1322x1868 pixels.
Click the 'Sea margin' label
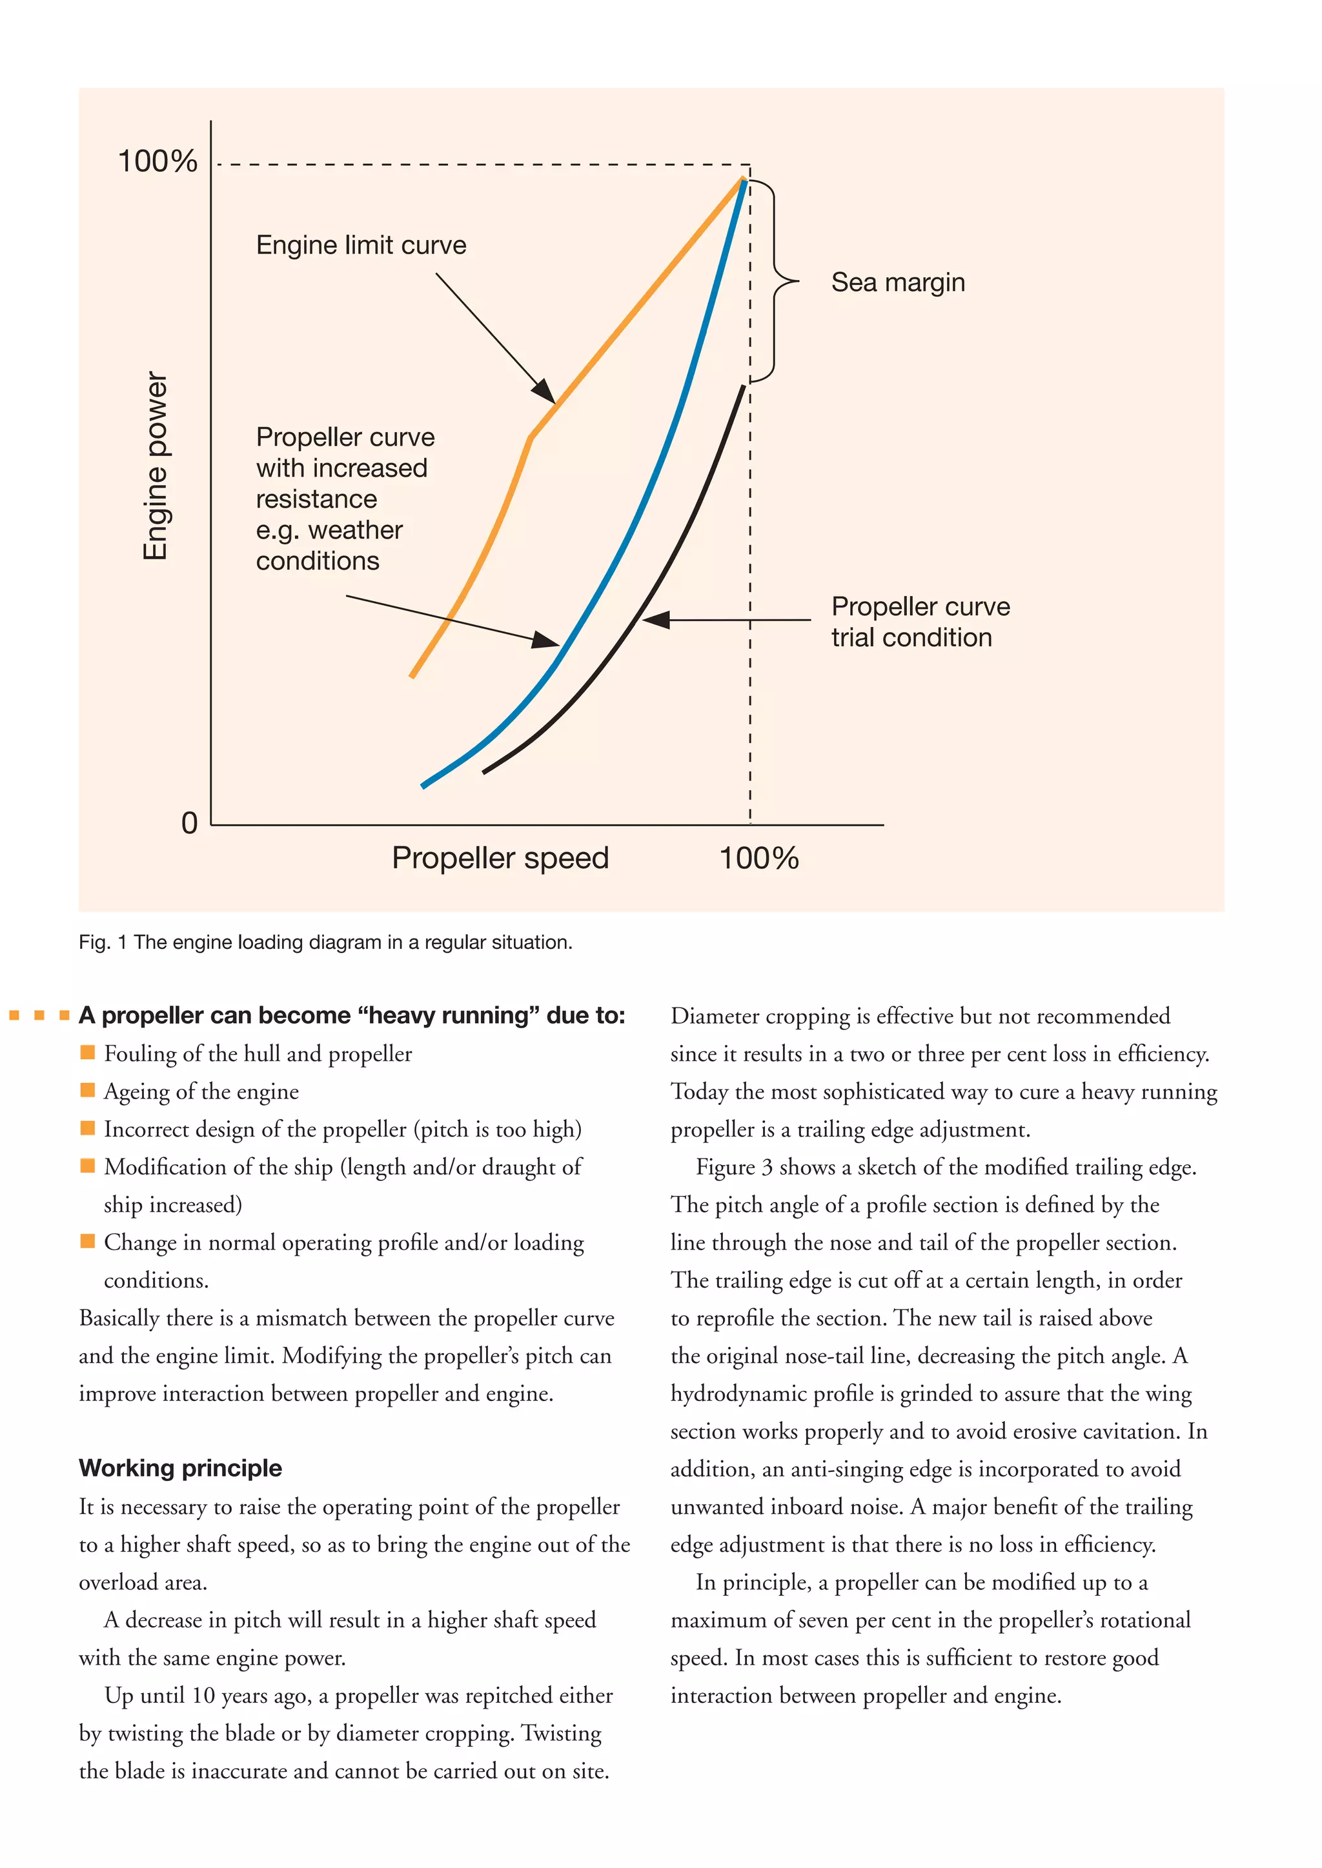897,283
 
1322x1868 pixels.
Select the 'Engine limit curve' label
361,245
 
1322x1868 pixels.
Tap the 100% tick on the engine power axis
158,161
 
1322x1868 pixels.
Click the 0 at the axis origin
189,822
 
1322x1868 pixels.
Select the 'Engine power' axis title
155,465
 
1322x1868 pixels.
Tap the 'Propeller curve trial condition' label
919,622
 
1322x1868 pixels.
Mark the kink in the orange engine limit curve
531,439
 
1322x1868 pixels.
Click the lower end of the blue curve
423,785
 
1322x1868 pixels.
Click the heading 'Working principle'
180,1467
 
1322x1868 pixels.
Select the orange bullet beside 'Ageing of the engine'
88,1089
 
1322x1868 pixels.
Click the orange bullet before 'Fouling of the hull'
88,1052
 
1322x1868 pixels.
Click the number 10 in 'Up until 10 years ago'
203,1696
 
